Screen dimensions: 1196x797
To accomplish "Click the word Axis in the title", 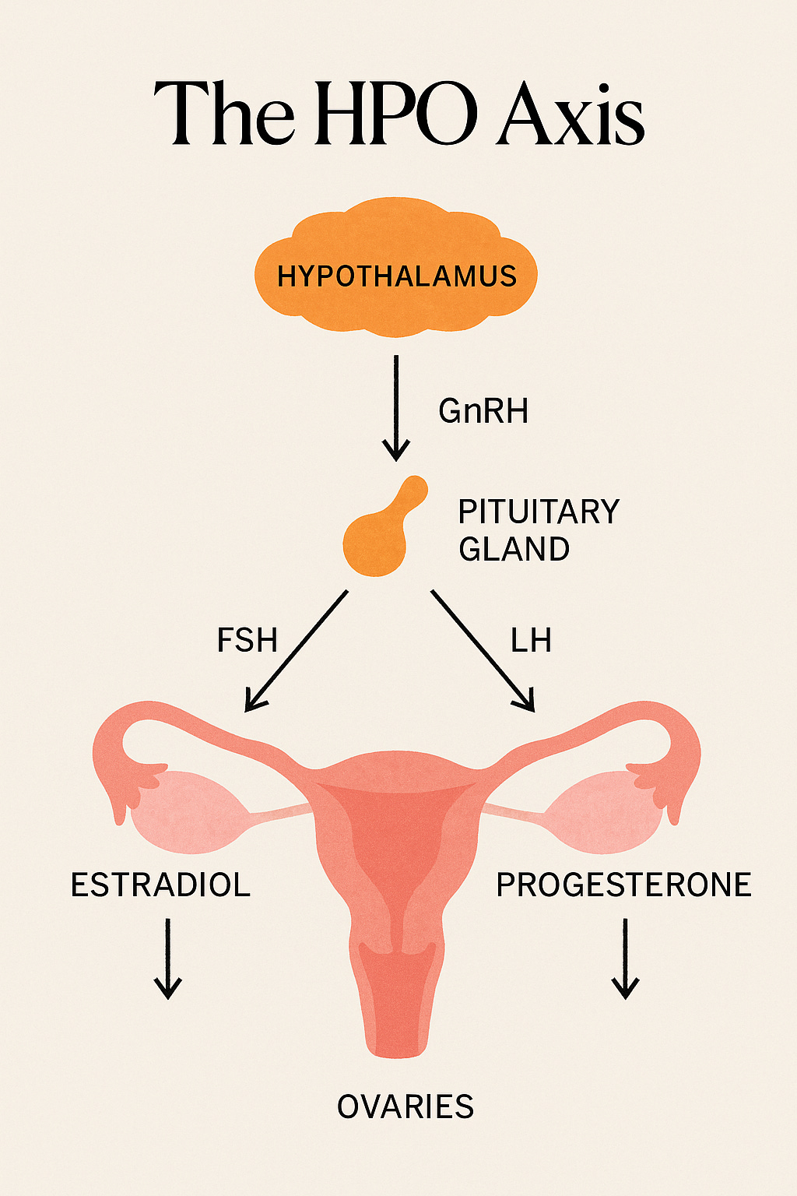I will tap(572, 114).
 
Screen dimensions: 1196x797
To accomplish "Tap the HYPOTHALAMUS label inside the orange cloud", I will tap(397, 276).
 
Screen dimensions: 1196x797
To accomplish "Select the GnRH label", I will tap(483, 411).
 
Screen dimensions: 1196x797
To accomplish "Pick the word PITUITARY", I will tap(539, 512).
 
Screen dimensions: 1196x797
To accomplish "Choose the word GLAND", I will tap(514, 550).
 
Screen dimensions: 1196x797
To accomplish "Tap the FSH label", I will tap(247, 641).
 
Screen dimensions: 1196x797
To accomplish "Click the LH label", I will tap(531, 641).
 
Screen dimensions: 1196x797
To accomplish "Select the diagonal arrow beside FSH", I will tap(296, 651).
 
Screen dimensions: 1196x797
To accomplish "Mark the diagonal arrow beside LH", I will tap(483, 651).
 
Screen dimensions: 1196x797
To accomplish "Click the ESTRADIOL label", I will tap(160, 885).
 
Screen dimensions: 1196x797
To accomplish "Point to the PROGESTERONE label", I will tap(624, 885).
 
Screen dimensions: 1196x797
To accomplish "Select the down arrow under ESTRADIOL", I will tap(167, 959).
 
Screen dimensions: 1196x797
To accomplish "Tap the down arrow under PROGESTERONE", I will tap(625, 959).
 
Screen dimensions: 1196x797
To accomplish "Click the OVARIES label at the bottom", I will tap(406, 1106).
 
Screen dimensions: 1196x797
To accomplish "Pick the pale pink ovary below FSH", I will tap(190, 811).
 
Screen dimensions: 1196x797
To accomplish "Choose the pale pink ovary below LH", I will tap(603, 811).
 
